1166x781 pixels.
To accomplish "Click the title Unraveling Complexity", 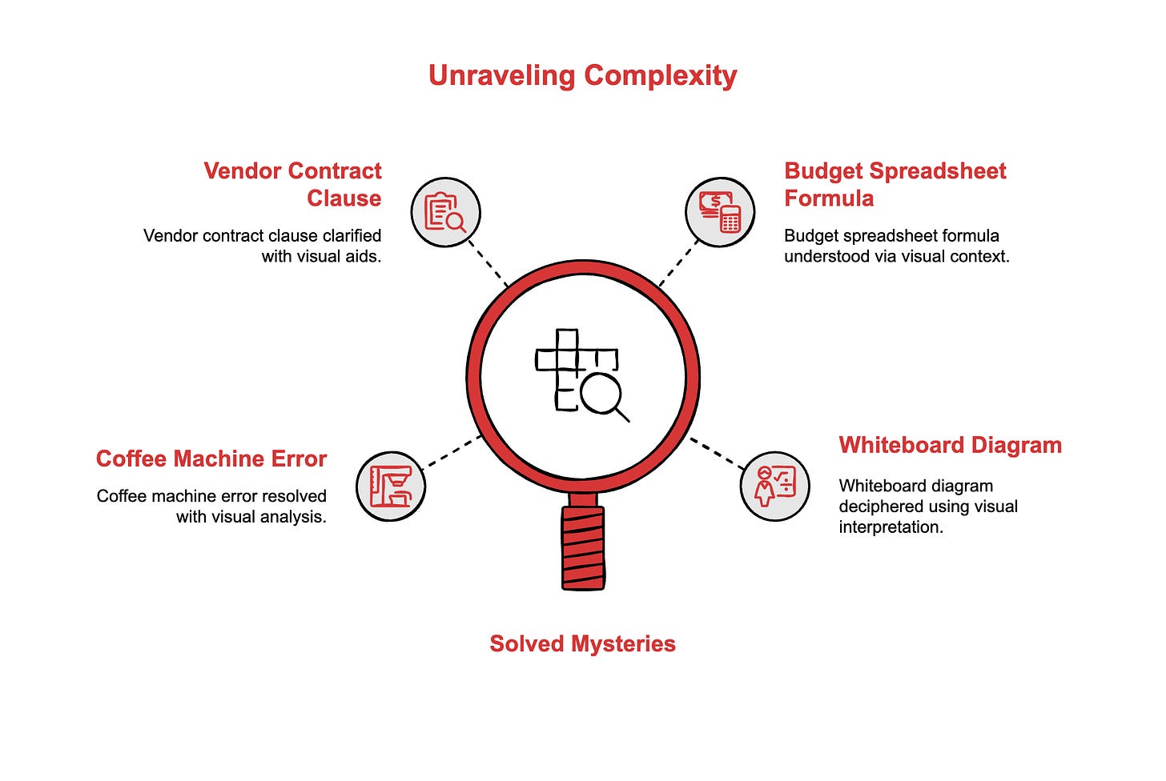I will pyautogui.click(x=582, y=75).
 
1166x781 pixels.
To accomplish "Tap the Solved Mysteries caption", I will pyautogui.click(x=582, y=643).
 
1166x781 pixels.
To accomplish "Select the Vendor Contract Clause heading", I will pyautogui.click(x=293, y=184).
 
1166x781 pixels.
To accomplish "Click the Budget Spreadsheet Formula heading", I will pyautogui.click(x=895, y=184).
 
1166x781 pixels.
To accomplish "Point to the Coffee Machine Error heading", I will pyautogui.click(x=211, y=459).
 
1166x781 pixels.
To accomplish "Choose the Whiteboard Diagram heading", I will pyautogui.click(x=950, y=445).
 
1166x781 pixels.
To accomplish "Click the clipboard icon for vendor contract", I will pyautogui.click(x=445, y=212).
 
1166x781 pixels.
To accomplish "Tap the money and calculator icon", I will pyautogui.click(x=720, y=212).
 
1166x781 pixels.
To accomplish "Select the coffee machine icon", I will pyautogui.click(x=391, y=486).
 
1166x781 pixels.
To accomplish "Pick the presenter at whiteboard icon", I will pyautogui.click(x=774, y=485).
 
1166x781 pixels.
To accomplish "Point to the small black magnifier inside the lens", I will pyautogui.click(x=603, y=396).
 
